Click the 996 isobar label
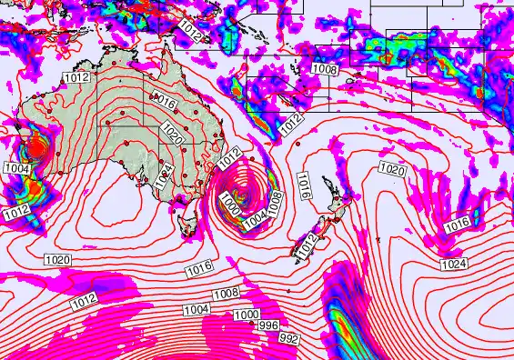pyautogui.click(x=268, y=325)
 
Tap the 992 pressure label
pyautogui.click(x=289, y=338)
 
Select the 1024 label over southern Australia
pyautogui.click(x=163, y=175)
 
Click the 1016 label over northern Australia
pyautogui.click(x=166, y=104)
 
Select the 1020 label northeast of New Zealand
pyautogui.click(x=391, y=170)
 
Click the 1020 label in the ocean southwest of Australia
pyautogui.click(x=57, y=260)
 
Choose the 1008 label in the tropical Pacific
pyautogui.click(x=325, y=69)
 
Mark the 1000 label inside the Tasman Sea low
pyautogui.click(x=230, y=209)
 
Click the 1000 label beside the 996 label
pyautogui.click(x=245, y=315)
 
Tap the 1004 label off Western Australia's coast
pyautogui.click(x=16, y=168)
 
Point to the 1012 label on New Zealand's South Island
pyautogui.click(x=307, y=243)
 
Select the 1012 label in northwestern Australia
pyautogui.click(x=76, y=78)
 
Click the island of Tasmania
pyautogui.click(x=189, y=219)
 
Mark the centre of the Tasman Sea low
pyautogui.click(x=244, y=194)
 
